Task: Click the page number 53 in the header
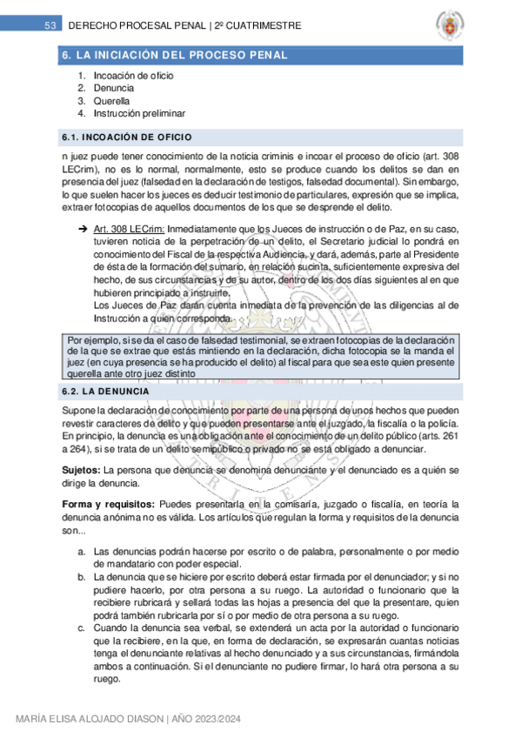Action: pyautogui.click(x=50, y=26)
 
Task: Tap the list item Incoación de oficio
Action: pyautogui.click(x=133, y=76)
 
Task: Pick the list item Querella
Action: pyautogui.click(x=110, y=101)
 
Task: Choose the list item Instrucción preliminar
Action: pyautogui.click(x=139, y=113)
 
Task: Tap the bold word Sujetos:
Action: pyautogui.click(x=80, y=468)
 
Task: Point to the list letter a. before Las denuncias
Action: pyautogui.click(x=81, y=552)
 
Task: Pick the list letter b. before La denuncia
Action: pyautogui.click(x=81, y=577)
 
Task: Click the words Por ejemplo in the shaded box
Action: pyautogui.click(x=91, y=340)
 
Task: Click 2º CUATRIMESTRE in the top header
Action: pyautogui.click(x=259, y=26)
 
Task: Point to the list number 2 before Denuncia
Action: pyautogui.click(x=80, y=88)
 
